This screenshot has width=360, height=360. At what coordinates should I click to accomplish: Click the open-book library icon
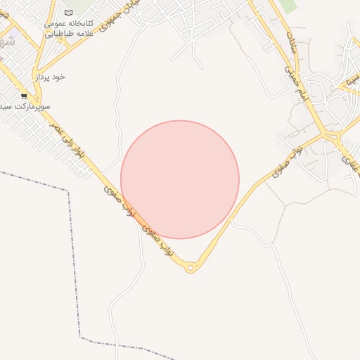(68, 13)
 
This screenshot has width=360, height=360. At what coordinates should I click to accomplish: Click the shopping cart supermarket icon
(25, 96)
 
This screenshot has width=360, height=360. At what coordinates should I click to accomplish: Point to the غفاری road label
(349, 163)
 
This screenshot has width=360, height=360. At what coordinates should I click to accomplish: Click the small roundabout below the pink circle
(190, 267)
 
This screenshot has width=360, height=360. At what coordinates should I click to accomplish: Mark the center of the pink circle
(180, 179)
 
